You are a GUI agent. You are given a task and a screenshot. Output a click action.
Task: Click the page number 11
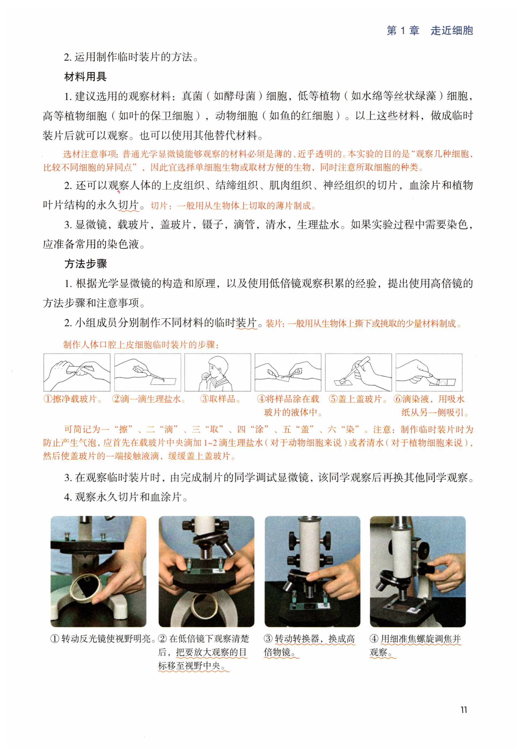[464, 709]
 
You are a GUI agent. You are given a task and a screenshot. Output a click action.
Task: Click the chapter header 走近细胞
[452, 31]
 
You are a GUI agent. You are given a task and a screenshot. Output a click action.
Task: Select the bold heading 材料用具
[85, 77]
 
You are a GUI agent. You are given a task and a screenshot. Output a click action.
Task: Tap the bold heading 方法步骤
[86, 264]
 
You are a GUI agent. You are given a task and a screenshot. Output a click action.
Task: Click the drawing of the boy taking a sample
[218, 372]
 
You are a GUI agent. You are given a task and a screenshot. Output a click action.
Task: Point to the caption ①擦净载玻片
[72, 399]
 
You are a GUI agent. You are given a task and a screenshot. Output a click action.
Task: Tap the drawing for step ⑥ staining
[429, 372]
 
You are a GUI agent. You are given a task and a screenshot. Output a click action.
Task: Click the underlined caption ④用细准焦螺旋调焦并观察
[415, 645]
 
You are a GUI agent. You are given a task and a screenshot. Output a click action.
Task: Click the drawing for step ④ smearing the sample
[288, 372]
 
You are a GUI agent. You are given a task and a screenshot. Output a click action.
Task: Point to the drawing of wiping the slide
[77, 372]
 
